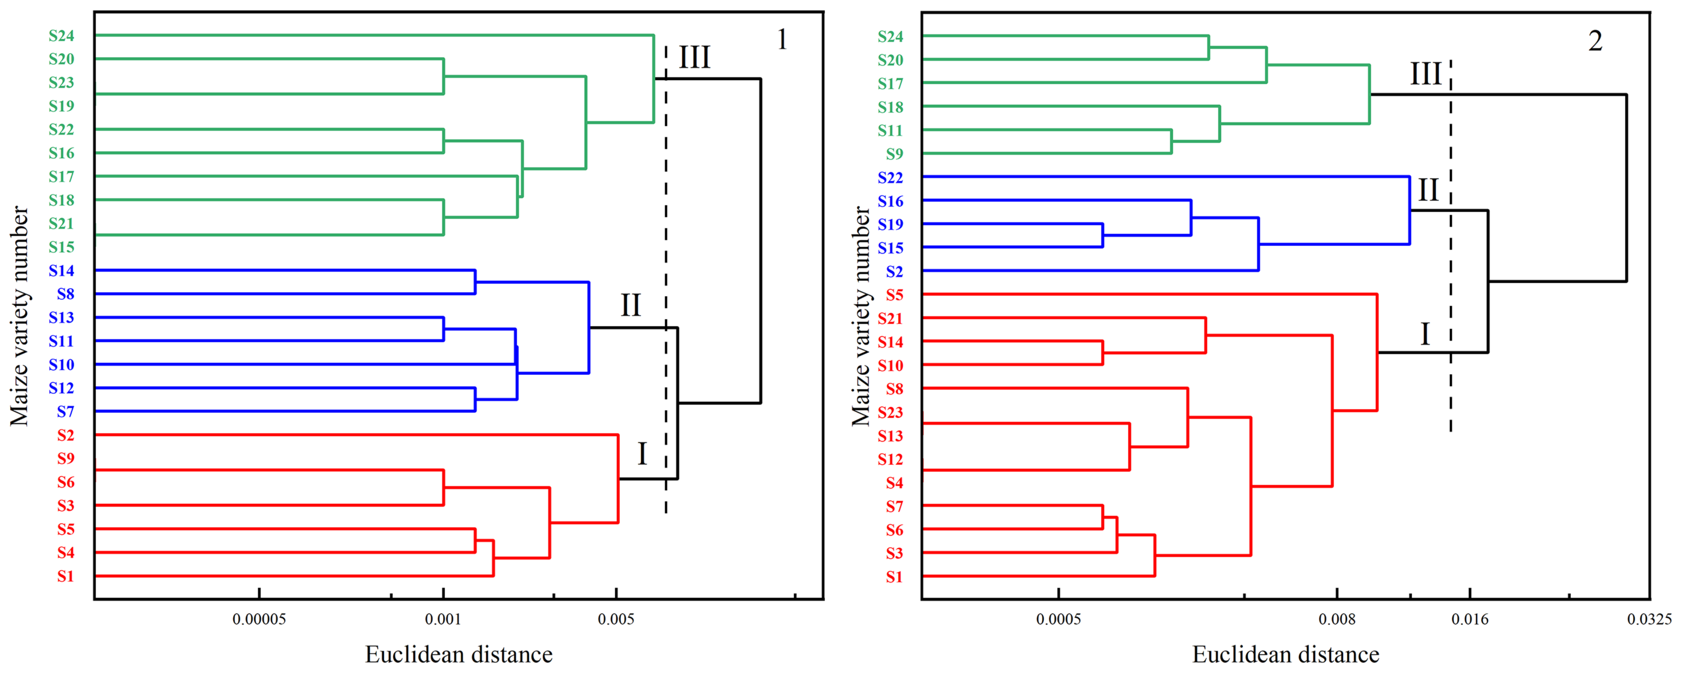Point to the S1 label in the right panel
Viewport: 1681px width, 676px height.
894,577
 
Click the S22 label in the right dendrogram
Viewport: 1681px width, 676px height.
890,178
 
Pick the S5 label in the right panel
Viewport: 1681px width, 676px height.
894,295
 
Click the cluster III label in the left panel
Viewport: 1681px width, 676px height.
694,57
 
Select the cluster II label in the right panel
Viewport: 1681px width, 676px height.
1428,190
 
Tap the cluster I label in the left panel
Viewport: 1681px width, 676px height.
642,453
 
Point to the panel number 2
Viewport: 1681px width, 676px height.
1595,41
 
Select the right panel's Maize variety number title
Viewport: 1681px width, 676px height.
861,317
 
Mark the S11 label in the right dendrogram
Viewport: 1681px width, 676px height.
890,131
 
